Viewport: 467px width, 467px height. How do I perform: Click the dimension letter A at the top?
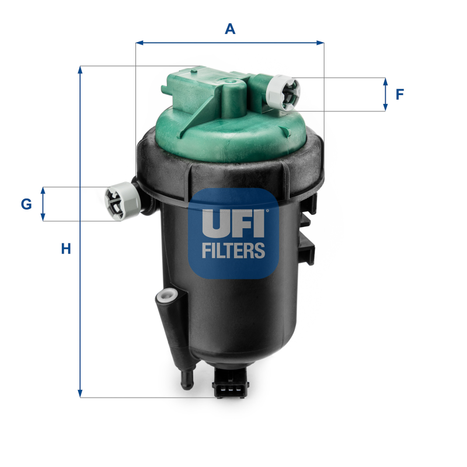(230, 29)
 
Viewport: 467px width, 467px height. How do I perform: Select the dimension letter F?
(400, 94)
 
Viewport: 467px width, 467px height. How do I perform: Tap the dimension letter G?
(26, 204)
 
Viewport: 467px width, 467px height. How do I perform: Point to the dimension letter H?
(66, 249)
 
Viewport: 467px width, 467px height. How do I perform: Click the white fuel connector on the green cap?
(284, 92)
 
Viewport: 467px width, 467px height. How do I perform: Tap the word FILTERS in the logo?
(233, 251)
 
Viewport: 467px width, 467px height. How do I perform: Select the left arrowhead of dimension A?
(139, 42)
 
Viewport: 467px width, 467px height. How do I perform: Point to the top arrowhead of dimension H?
(81, 69)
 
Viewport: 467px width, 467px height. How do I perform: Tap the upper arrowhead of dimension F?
(385, 81)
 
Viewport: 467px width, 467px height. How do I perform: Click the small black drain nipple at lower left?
(188, 380)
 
